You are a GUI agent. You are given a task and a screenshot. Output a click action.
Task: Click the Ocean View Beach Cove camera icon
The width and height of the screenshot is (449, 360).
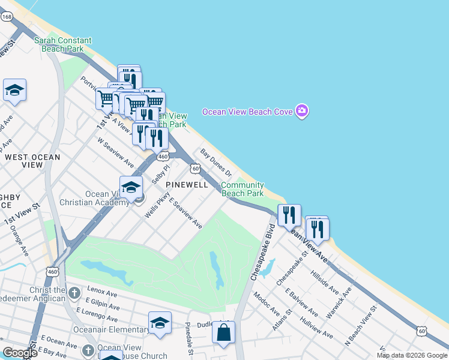(302, 111)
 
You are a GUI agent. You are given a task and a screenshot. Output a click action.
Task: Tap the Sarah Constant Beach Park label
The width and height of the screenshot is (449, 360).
(63, 45)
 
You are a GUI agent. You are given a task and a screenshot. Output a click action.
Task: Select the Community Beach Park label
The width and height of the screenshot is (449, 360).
(243, 190)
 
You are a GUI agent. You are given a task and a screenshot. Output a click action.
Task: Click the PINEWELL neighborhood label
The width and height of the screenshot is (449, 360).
(187, 185)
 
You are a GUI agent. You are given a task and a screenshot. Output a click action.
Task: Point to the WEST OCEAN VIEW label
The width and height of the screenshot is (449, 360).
(32, 161)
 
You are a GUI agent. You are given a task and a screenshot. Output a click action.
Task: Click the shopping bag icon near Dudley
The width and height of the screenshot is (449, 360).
(223, 332)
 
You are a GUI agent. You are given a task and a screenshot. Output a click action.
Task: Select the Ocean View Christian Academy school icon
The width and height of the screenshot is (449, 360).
(131, 187)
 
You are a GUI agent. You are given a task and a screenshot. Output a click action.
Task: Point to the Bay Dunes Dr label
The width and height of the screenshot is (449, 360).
(216, 163)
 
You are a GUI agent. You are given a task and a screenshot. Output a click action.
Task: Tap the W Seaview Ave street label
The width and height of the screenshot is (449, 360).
(116, 152)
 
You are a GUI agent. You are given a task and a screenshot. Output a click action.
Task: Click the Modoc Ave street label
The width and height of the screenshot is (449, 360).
(267, 305)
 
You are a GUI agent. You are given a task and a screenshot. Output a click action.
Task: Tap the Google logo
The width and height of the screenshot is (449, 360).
(20, 353)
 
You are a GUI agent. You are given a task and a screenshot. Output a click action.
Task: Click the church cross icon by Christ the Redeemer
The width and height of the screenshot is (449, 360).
(74, 293)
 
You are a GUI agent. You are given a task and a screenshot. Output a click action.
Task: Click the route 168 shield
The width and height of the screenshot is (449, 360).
(7, 17)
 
